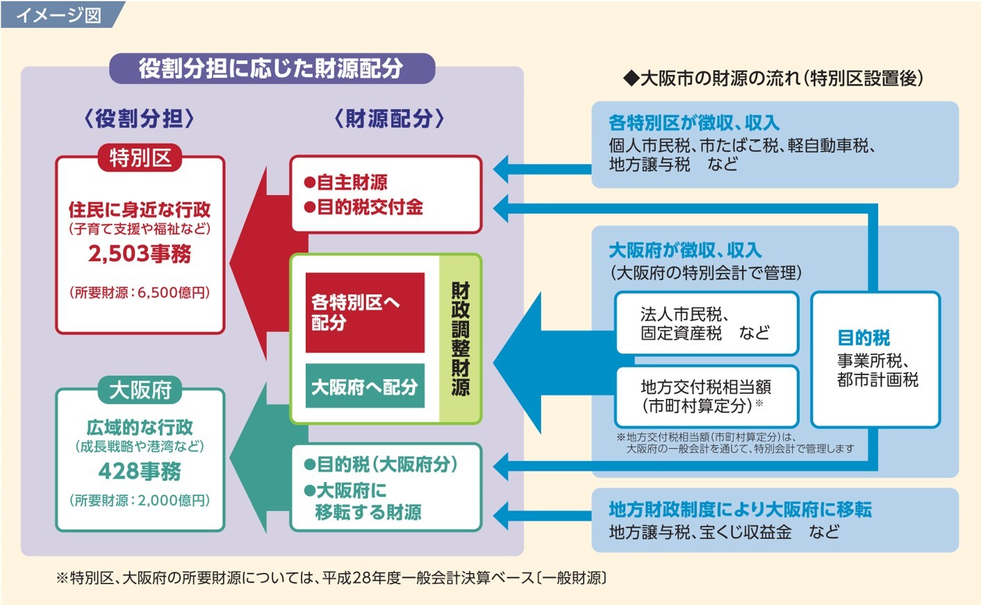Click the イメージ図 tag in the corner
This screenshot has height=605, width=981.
pyautogui.click(x=59, y=15)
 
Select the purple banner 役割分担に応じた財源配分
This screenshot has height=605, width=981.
pyautogui.click(x=272, y=68)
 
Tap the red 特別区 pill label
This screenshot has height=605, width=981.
pyautogui.click(x=140, y=158)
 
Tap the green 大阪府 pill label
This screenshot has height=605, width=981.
pyautogui.click(x=140, y=390)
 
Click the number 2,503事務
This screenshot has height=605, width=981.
pyautogui.click(x=140, y=254)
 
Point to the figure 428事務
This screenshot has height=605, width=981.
pyautogui.click(x=140, y=471)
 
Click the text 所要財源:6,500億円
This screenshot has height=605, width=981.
pyautogui.click(x=140, y=292)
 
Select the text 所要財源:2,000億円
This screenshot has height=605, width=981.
pyautogui.click(x=140, y=500)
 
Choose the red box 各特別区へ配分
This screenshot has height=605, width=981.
pyautogui.click(x=365, y=313)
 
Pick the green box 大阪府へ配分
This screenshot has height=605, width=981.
pyautogui.click(x=365, y=386)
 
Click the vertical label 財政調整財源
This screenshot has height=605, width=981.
pyautogui.click(x=461, y=339)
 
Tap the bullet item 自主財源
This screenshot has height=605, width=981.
pyautogui.click(x=345, y=182)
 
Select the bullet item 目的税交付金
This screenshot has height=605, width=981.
pyautogui.click(x=363, y=206)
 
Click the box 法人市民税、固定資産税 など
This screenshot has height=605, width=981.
pyautogui.click(x=707, y=324)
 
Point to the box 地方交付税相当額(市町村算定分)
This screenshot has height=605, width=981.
pyautogui.click(x=707, y=397)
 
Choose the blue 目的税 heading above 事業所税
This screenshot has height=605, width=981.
pyautogui.click(x=864, y=338)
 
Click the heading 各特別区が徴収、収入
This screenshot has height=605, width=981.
pyautogui.click(x=694, y=122)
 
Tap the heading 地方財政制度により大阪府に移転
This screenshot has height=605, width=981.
pyautogui.click(x=740, y=510)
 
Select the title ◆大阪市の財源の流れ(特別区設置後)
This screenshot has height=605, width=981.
pyautogui.click(x=773, y=78)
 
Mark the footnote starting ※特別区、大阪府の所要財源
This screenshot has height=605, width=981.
pyautogui.click(x=331, y=578)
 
